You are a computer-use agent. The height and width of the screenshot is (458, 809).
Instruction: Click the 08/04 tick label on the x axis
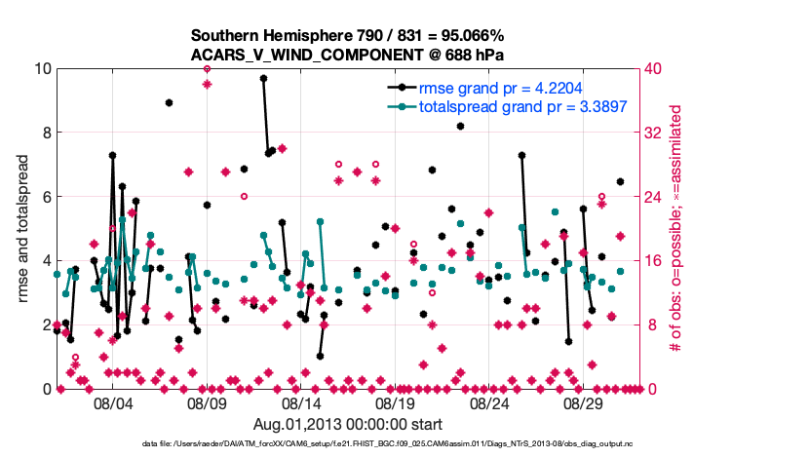(x=113, y=402)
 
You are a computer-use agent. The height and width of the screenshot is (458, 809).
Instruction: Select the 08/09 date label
(x=208, y=402)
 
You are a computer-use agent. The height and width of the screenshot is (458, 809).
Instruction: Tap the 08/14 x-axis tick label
(x=302, y=402)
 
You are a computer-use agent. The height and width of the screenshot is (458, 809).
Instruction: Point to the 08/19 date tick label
(x=396, y=402)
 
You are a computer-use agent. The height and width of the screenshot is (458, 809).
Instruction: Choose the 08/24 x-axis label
(x=490, y=402)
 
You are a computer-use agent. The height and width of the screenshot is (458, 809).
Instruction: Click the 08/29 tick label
(x=585, y=402)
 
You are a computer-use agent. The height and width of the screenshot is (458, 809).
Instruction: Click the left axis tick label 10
(x=42, y=68)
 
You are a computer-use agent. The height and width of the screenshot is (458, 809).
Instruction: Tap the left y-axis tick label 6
(x=46, y=197)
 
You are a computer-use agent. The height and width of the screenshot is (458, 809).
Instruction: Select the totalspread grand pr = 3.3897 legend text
(x=521, y=106)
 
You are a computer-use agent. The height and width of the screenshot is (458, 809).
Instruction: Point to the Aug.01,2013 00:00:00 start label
(x=348, y=424)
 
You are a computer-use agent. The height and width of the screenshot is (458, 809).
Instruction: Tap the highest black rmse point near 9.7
(x=263, y=78)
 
